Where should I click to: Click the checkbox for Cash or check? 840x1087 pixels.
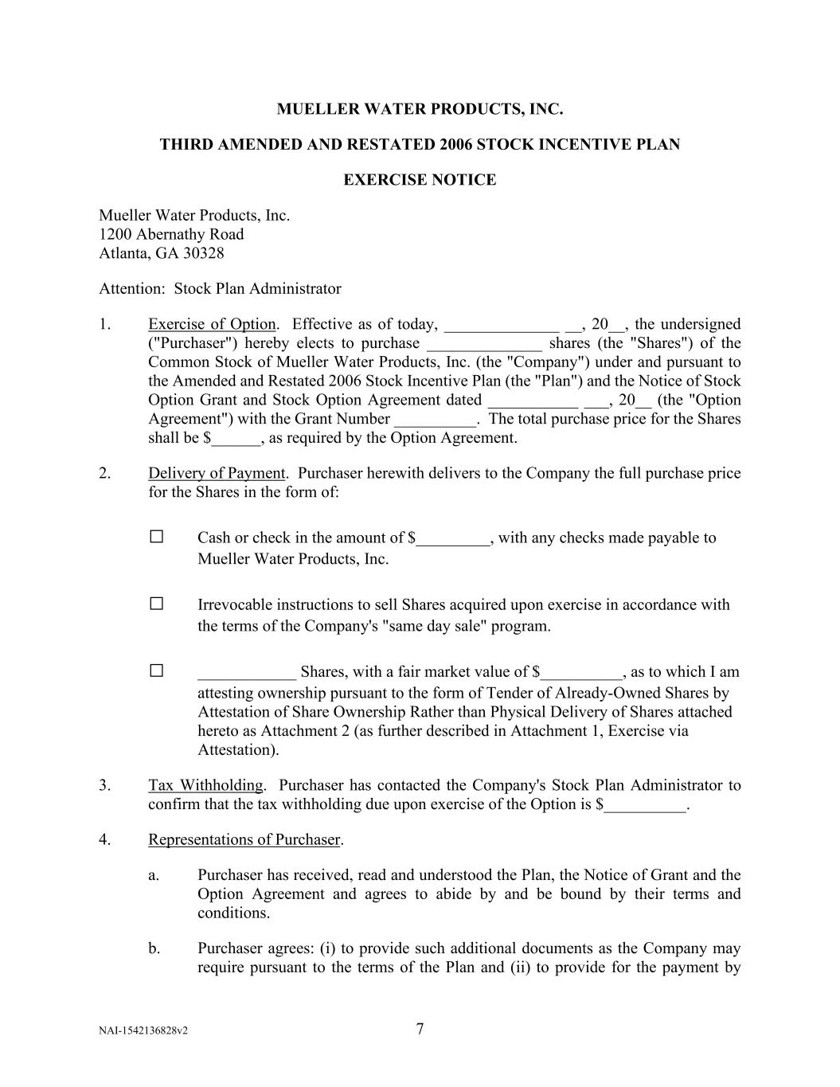(156, 537)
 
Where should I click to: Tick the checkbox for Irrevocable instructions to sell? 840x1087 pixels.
(156, 604)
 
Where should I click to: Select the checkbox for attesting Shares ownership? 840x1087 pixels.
(156, 671)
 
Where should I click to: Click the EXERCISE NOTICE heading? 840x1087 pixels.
(420, 180)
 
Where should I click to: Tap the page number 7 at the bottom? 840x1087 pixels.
(420, 1029)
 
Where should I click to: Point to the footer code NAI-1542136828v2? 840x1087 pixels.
(143, 1031)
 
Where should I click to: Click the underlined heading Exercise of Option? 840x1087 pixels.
(212, 324)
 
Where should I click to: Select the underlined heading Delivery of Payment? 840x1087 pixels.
(217, 473)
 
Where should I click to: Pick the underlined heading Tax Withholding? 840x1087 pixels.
(205, 785)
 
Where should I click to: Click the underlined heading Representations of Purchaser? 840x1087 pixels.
(244, 839)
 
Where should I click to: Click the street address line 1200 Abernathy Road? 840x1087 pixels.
(171, 234)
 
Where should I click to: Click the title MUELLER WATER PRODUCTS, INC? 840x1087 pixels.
(420, 109)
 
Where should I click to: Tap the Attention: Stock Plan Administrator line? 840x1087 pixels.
(220, 288)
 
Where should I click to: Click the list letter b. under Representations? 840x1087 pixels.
(154, 948)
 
